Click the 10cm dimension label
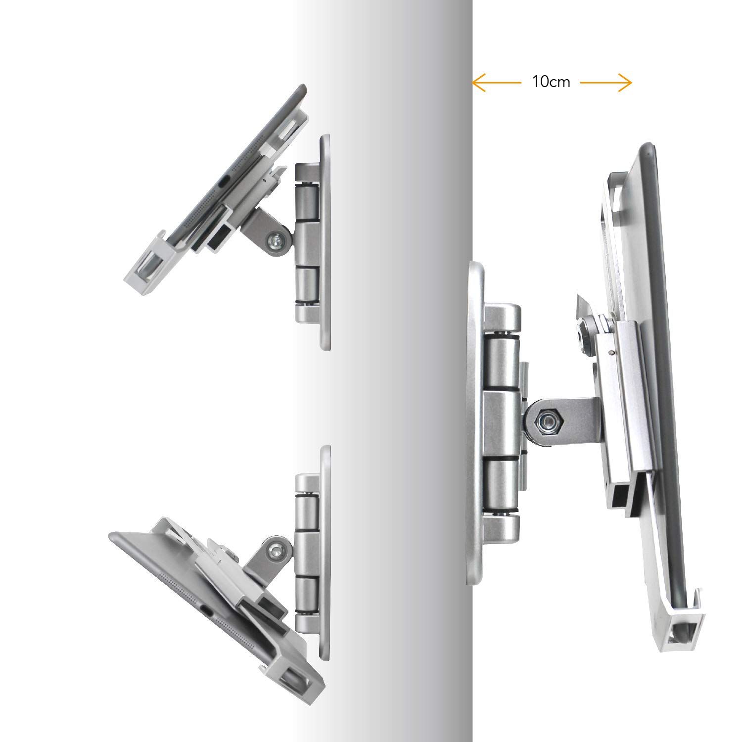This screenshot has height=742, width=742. coord(551,82)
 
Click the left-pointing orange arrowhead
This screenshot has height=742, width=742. coord(478,83)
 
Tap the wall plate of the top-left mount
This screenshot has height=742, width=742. coord(325,242)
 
